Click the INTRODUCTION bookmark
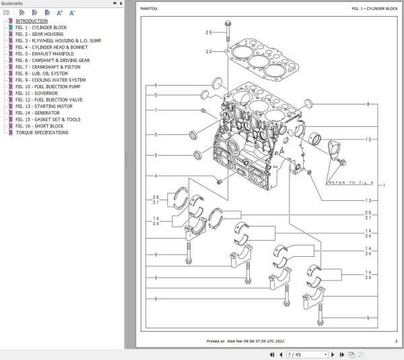click(32, 21)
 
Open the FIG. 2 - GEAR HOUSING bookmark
click(40, 34)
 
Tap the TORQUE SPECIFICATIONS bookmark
click(42, 133)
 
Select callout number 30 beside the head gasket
click(208, 52)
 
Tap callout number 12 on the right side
click(368, 140)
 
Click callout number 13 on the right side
click(368, 201)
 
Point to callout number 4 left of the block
click(156, 177)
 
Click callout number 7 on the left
click(156, 111)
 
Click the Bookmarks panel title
click(13, 4)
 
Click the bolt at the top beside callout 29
click(229, 30)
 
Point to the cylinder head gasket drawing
click(255, 61)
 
